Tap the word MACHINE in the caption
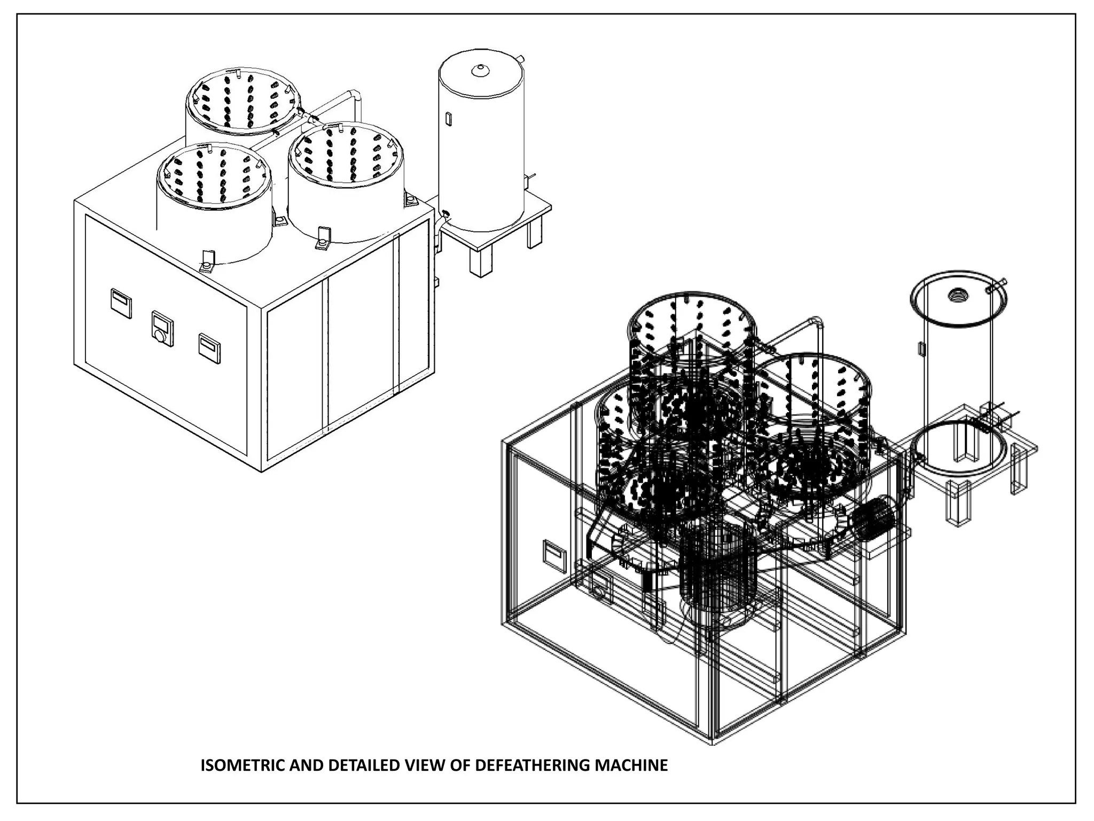(631, 765)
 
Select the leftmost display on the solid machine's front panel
(120, 303)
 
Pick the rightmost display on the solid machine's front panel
(209, 348)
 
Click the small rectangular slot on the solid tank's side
(449, 119)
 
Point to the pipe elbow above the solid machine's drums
(355, 97)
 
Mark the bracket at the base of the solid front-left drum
(206, 264)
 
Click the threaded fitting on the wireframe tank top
(956, 295)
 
